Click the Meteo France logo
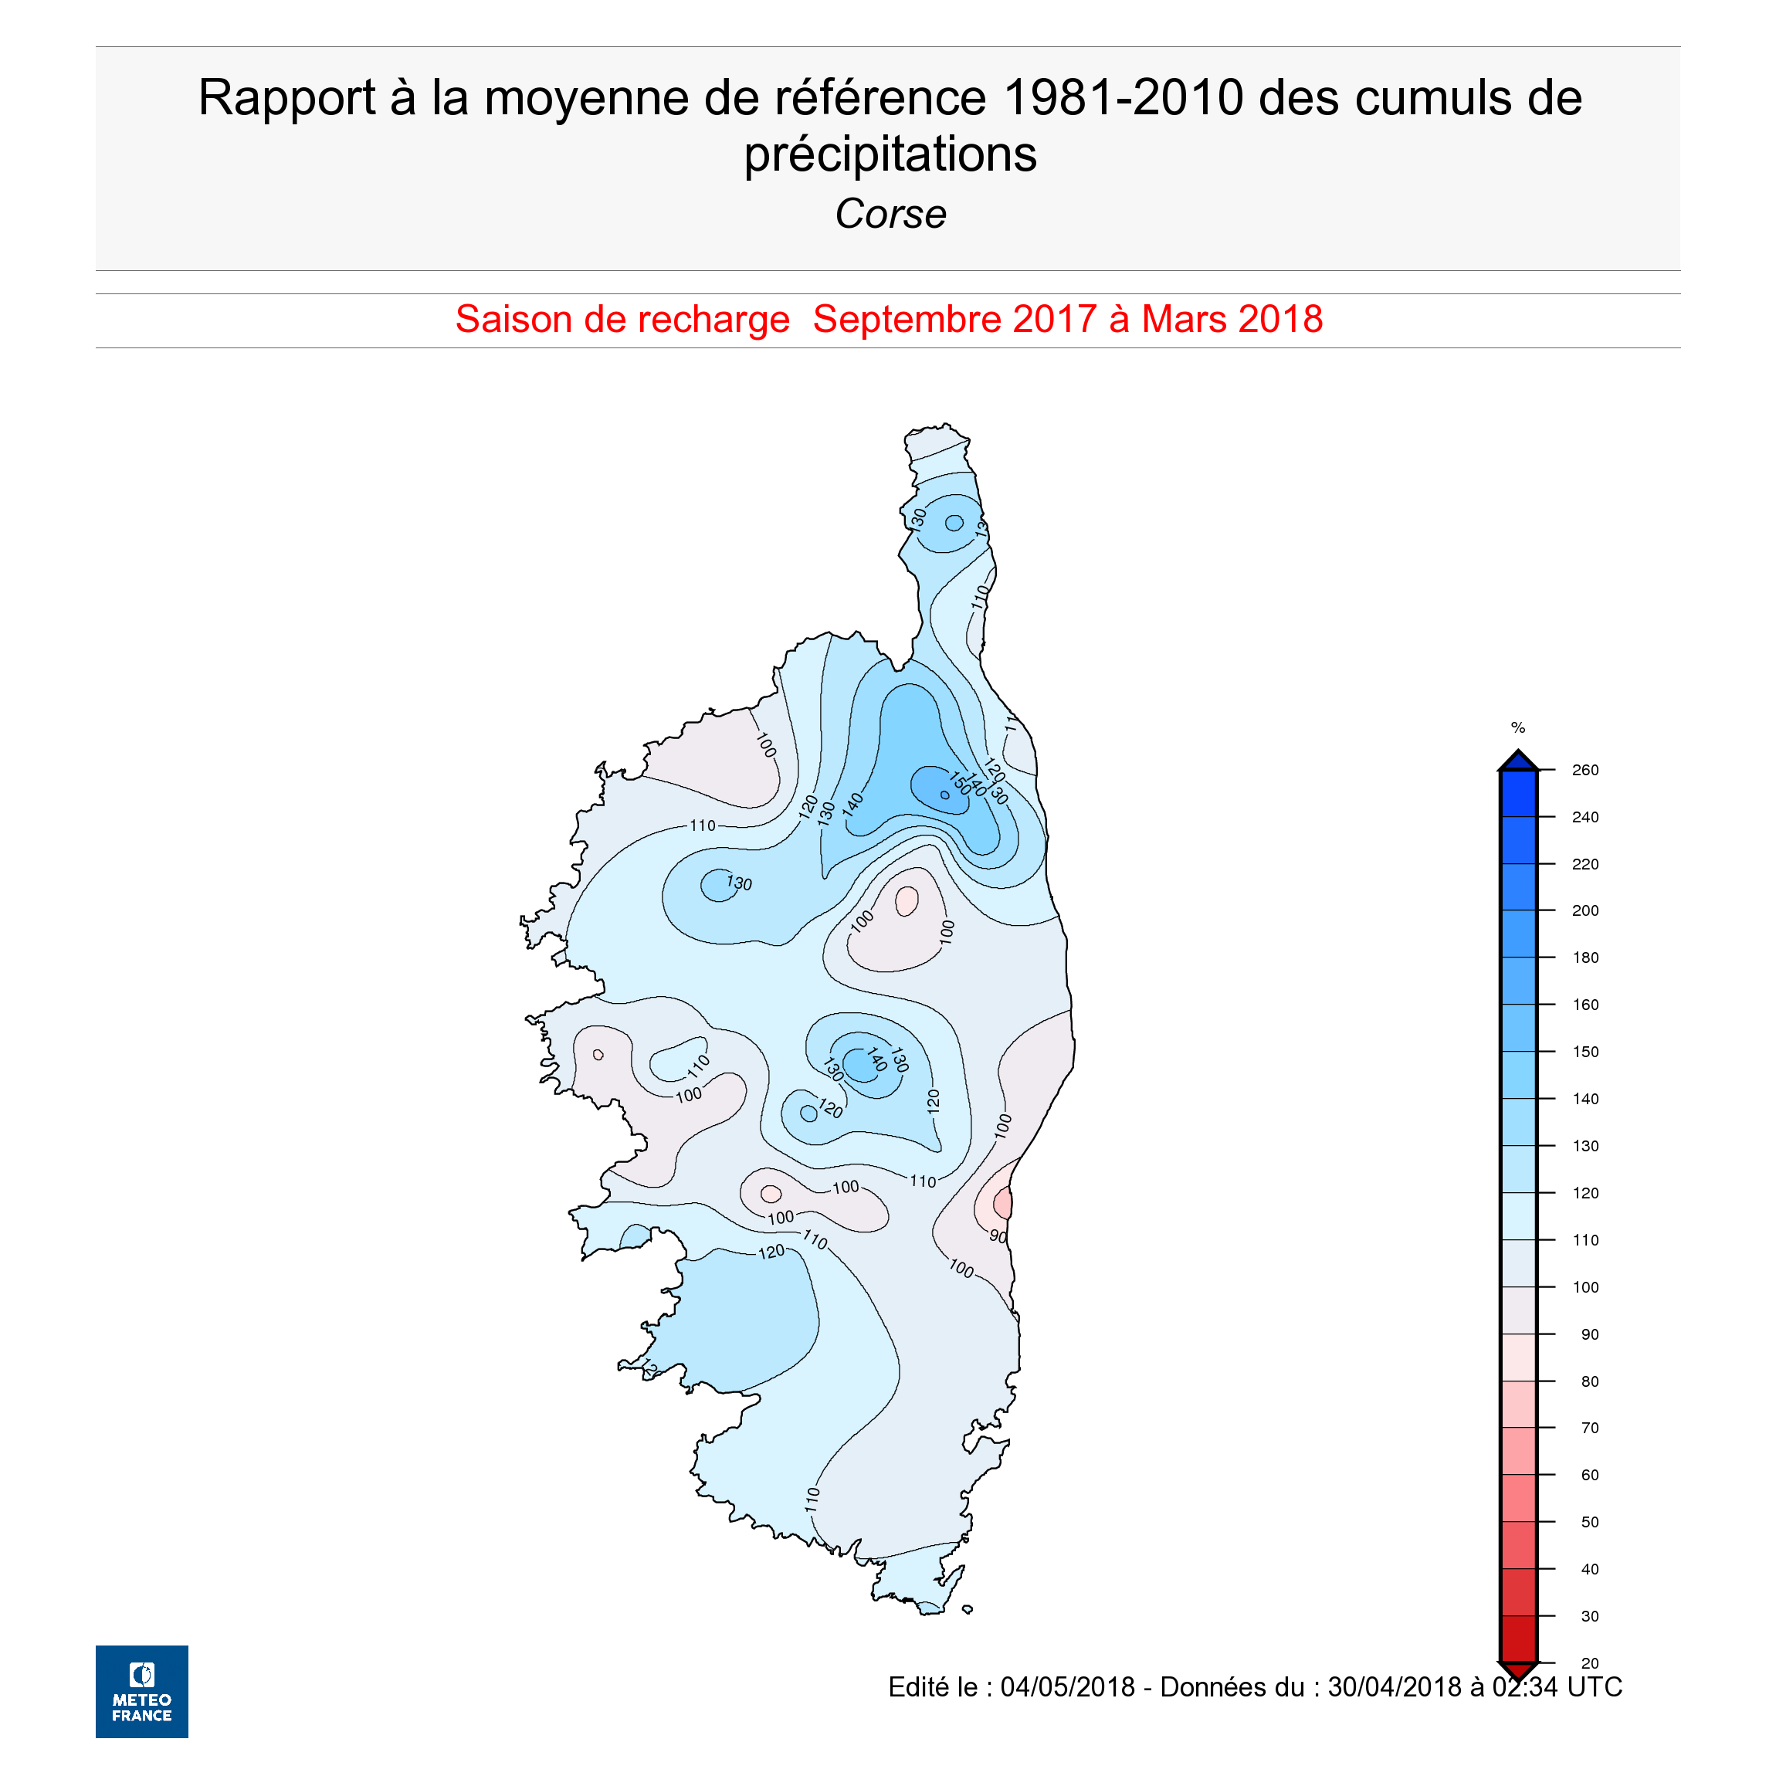click(x=141, y=1690)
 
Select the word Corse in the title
click(x=890, y=214)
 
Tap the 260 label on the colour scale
click(x=1585, y=771)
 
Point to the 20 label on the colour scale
click(x=1589, y=1663)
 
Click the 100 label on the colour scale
click(x=1585, y=1287)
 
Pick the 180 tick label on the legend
click(x=1585, y=957)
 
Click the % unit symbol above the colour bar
click(x=1517, y=728)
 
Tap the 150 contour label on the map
click(x=959, y=782)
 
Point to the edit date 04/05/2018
click(x=1067, y=1687)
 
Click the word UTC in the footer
click(x=1594, y=1687)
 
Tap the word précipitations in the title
click(x=890, y=154)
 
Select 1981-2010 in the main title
click(x=1124, y=97)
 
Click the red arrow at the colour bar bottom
click(x=1517, y=1670)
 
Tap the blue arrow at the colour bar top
click(x=1517, y=761)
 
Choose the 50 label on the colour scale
click(x=1589, y=1522)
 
